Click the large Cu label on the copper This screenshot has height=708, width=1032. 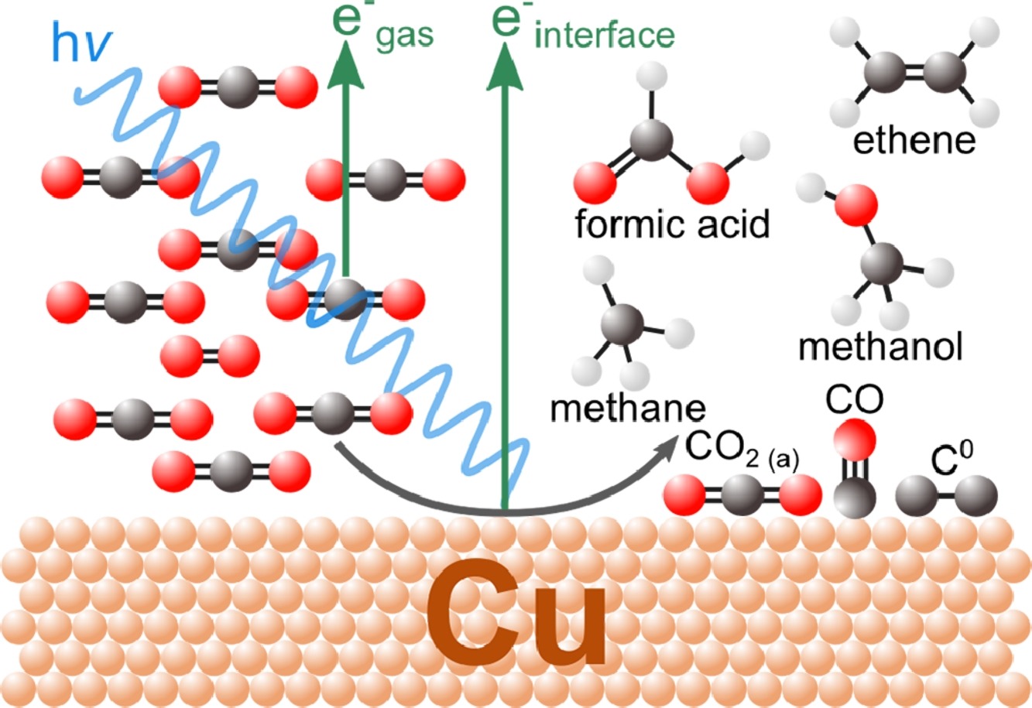516,612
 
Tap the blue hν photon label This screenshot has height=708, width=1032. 82,42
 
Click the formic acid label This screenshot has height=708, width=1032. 673,224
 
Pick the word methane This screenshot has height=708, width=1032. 628,409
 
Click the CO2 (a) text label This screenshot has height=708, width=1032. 742,451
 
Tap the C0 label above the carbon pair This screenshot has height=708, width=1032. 951,457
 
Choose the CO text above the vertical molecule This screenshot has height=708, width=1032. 854,399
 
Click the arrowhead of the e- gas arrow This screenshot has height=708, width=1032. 345,64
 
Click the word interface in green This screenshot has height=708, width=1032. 605,35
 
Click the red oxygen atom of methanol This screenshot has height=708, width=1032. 856,205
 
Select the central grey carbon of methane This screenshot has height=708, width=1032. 622,324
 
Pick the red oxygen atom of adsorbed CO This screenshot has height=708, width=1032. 855,440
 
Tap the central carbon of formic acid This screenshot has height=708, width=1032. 651,140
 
